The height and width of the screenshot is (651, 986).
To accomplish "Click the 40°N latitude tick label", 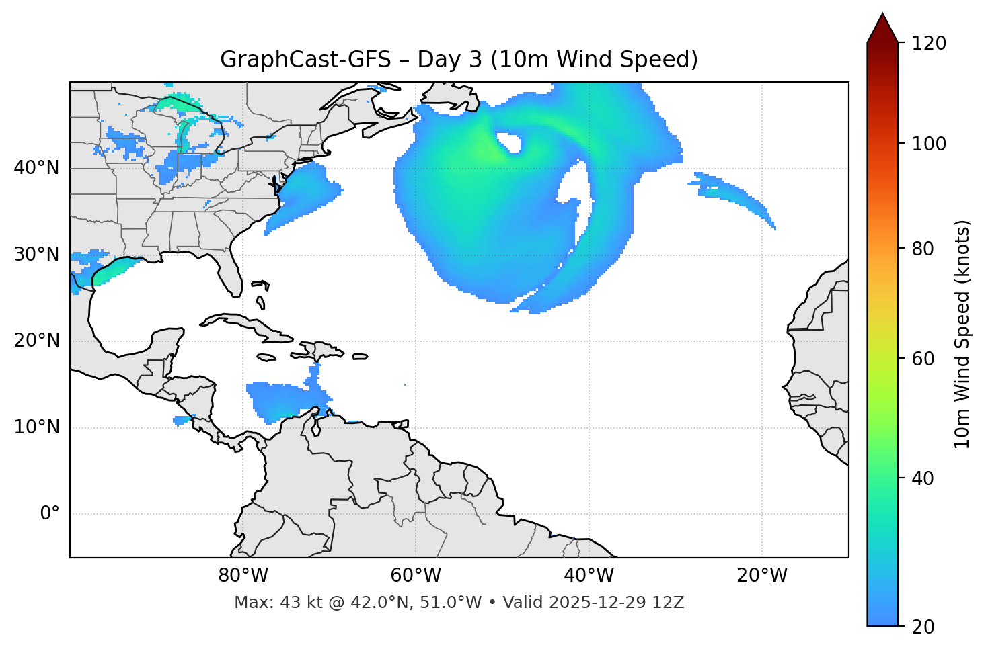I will click(x=36, y=168).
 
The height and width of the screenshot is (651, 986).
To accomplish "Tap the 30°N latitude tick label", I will click(x=36, y=255).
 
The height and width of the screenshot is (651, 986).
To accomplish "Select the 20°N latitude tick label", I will click(x=36, y=341).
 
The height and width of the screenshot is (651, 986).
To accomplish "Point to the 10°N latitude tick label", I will click(x=36, y=427).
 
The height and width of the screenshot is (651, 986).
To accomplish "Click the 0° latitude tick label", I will click(x=50, y=514).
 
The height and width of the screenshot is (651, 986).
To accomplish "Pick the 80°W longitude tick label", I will click(x=243, y=576).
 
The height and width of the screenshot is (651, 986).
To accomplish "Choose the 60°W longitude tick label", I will click(x=416, y=576).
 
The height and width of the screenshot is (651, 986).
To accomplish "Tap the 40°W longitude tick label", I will click(x=589, y=576).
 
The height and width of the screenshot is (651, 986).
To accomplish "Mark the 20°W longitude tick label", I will click(x=762, y=576).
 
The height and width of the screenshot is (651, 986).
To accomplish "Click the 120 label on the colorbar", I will click(x=929, y=44).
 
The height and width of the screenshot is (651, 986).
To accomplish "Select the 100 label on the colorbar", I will click(x=929, y=144).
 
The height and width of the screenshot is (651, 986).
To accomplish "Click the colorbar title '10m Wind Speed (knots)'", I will click(x=962, y=335).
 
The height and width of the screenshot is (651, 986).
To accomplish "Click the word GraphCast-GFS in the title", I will click(x=305, y=60).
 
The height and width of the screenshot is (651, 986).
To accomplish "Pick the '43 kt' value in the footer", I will click(x=297, y=603).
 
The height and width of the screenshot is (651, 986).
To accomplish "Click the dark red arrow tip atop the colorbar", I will click(x=882, y=27).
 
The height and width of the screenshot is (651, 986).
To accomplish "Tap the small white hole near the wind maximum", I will click(x=509, y=142).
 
